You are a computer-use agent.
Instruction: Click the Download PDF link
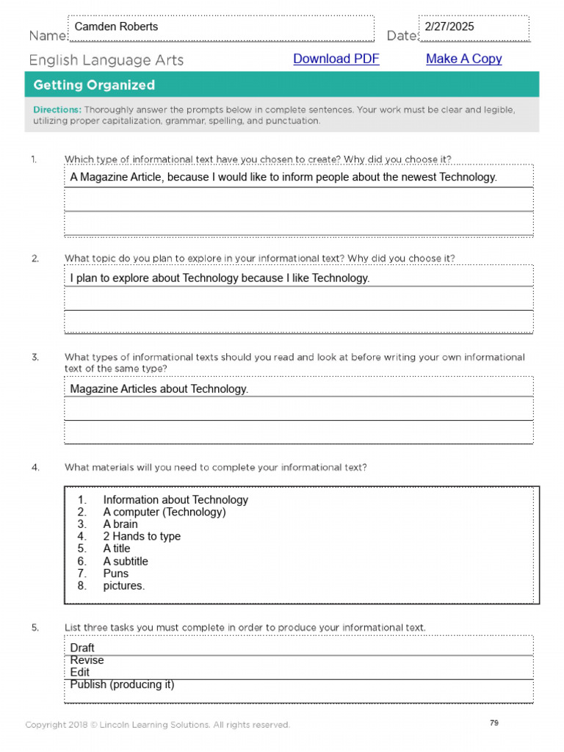[336, 59]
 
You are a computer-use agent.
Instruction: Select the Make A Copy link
[463, 59]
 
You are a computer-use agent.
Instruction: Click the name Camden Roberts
[116, 26]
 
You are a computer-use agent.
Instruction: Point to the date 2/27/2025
[449, 26]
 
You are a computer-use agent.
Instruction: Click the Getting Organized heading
[94, 85]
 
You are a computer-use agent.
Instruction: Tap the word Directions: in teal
[57, 109]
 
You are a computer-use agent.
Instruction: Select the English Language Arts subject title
[106, 60]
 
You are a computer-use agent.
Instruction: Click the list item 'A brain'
[120, 524]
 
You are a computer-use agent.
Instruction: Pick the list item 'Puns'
[115, 574]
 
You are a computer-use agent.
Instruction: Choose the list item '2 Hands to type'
[142, 536]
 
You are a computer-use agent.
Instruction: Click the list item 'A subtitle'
[126, 561]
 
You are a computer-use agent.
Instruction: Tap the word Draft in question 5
[82, 648]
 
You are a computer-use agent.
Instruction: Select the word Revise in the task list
[87, 660]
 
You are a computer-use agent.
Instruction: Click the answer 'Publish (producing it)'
[122, 684]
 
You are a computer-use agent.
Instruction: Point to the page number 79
[494, 723]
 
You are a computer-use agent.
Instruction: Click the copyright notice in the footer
[157, 725]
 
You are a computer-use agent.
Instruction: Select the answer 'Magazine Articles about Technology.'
[159, 389]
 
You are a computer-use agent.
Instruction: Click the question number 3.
[35, 358]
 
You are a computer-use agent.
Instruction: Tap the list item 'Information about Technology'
[176, 499]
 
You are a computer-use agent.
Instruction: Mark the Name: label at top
[48, 36]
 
